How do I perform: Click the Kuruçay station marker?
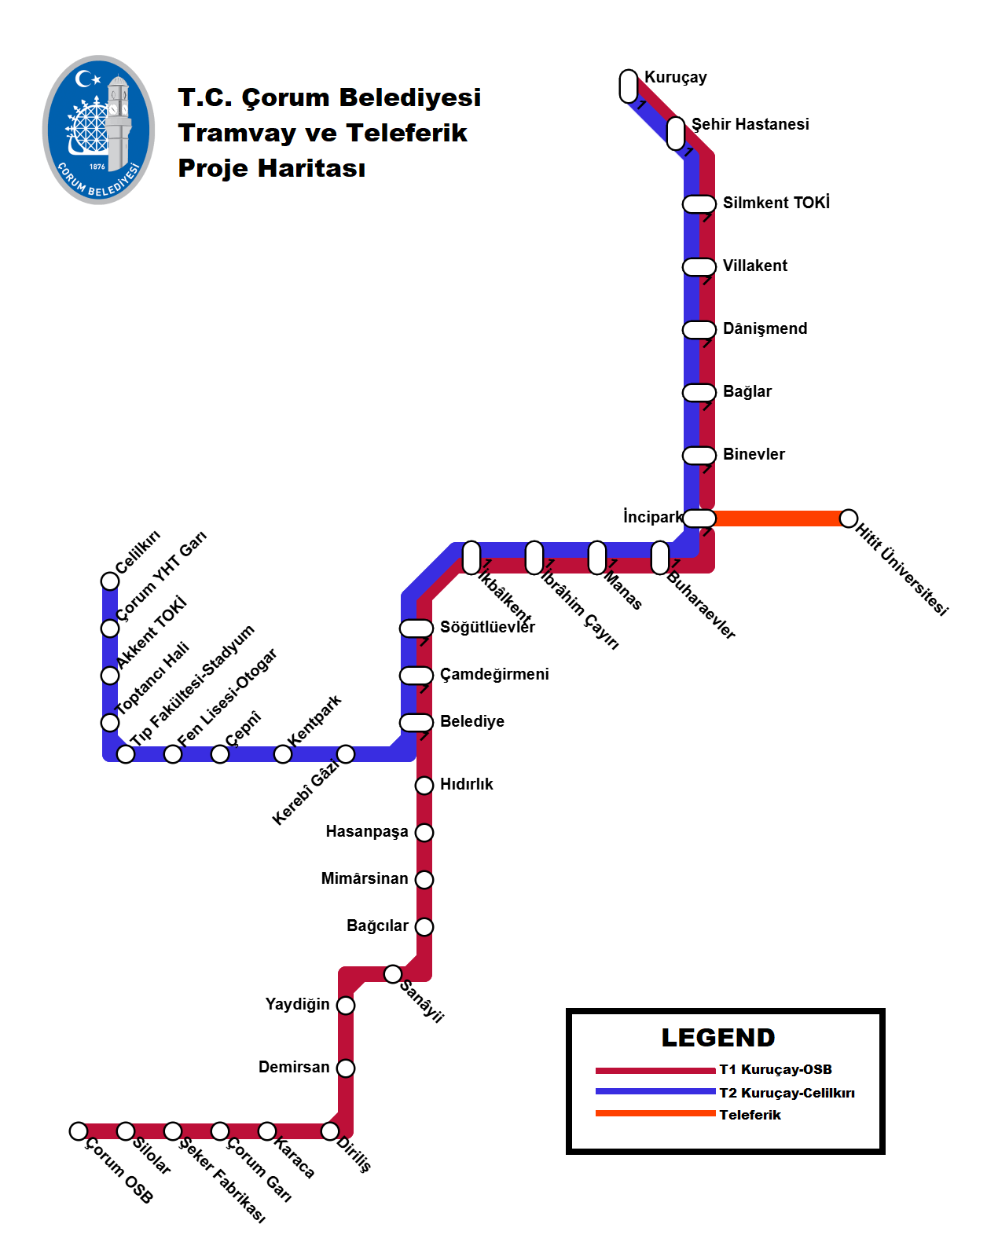629,86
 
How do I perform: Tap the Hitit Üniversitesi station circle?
849,519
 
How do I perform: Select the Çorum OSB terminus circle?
79,1131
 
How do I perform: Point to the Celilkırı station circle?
110,581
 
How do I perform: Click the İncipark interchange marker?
699,519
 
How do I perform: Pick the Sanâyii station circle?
393,974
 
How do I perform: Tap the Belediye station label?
472,721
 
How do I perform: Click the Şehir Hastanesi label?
750,124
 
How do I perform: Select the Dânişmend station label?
765,328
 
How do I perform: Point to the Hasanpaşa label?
367,831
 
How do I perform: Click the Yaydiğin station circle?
346,1006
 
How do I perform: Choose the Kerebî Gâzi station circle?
346,754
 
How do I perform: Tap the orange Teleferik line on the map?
778,519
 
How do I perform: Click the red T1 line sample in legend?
655,1070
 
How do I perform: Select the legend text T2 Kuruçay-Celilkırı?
787,1093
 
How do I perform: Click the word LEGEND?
718,1038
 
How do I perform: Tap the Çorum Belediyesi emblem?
99,130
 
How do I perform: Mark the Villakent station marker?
699,267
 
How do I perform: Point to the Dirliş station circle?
330,1131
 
